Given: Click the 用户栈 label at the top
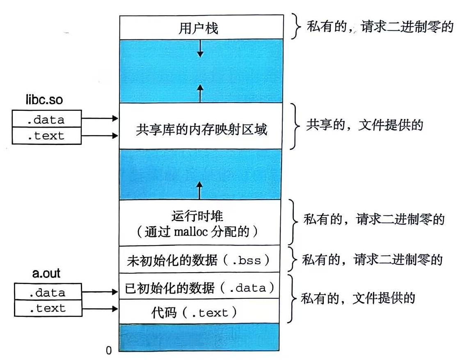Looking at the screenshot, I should tap(199, 28).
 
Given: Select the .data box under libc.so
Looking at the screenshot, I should tap(46, 119).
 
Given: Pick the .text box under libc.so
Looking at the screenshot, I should tap(46, 136).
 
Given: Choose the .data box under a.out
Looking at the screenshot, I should tap(47, 292).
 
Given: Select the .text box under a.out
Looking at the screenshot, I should tap(47, 308).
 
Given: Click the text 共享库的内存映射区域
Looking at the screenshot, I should tap(201, 130).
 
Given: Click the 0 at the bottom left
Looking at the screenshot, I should tap(108, 350).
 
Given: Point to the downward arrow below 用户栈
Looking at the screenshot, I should tap(200, 48).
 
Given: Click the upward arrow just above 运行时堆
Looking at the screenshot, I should tap(200, 190).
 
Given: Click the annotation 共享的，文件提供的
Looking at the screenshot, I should tap(364, 125).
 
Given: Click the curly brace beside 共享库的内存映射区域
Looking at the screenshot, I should tap(294, 126).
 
